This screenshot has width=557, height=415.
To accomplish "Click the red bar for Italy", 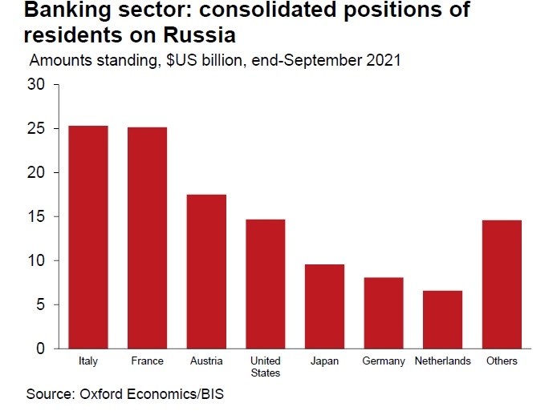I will tap(88, 237).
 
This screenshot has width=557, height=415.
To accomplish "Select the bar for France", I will tap(147, 238).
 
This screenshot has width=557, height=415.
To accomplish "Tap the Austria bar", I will tap(206, 272).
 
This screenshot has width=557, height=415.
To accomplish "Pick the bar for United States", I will tap(265, 284).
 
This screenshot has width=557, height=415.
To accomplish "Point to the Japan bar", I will tap(324, 306).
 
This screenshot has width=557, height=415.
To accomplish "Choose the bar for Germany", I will tap(383, 312).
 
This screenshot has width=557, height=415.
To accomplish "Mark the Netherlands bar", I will tap(442, 319).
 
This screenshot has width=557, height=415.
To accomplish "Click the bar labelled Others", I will tap(502, 284).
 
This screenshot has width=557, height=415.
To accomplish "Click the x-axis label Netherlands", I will tap(442, 361).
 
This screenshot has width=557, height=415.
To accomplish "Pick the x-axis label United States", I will tap(265, 367).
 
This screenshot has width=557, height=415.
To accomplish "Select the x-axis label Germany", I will tap(383, 361).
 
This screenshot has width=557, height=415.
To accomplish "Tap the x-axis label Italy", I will tap(88, 361).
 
